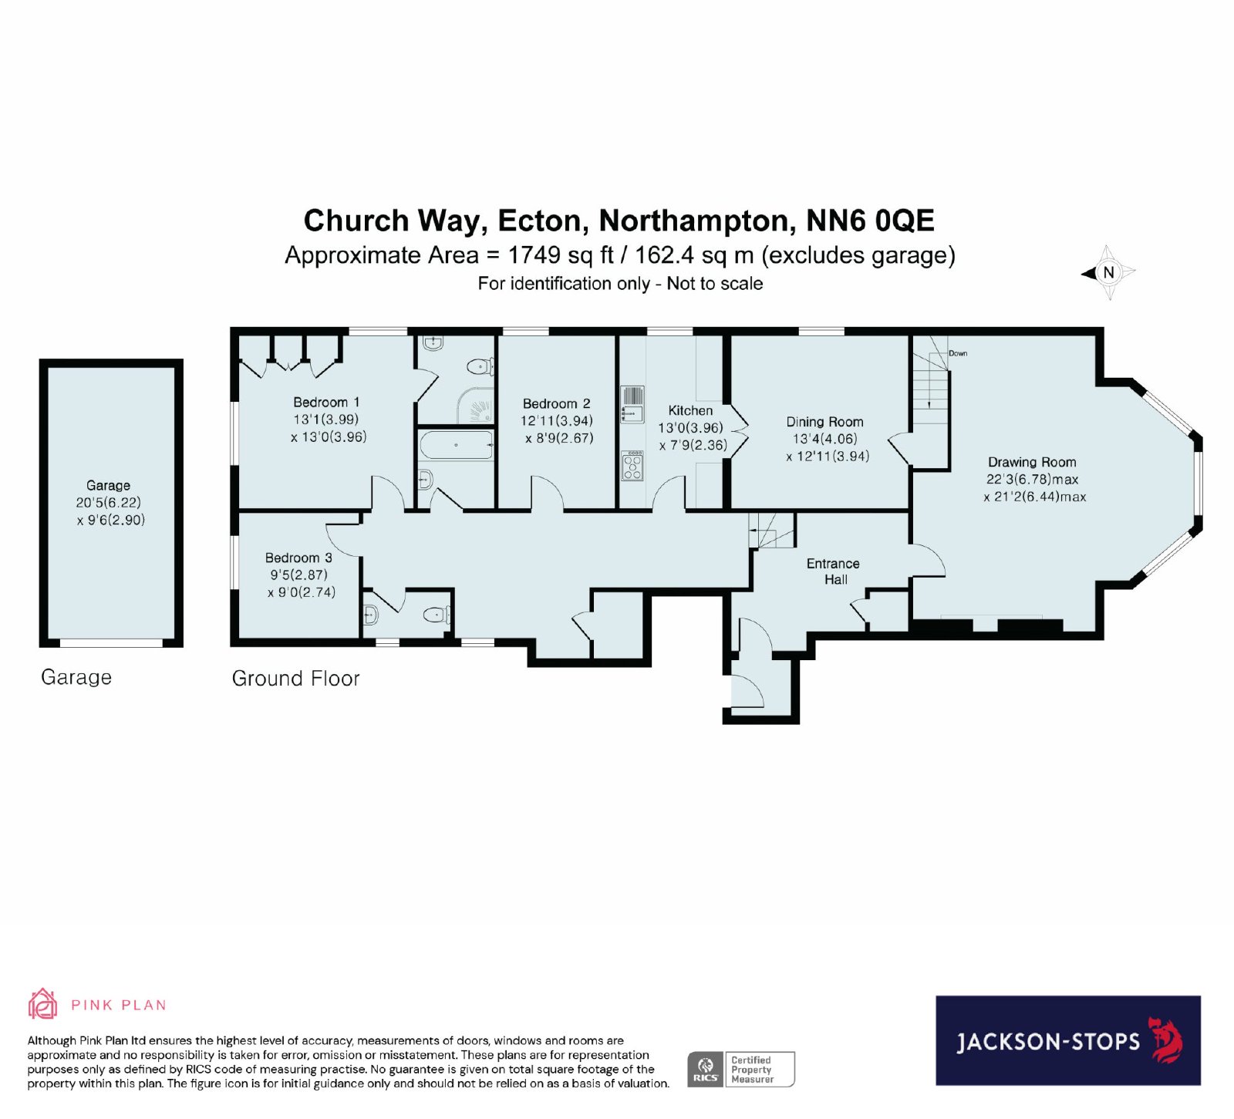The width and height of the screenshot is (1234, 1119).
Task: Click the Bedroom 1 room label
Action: click(326, 402)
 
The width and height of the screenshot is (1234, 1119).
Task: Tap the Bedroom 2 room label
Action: click(556, 403)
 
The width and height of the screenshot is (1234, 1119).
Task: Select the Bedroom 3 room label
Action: click(298, 558)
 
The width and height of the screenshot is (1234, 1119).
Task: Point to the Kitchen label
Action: click(690, 410)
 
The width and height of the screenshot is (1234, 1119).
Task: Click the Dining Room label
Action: click(824, 422)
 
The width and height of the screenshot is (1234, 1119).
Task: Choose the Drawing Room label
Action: click(1032, 462)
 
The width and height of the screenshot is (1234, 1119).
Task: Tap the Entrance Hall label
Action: click(833, 571)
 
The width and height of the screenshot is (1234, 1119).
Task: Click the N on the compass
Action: click(1109, 272)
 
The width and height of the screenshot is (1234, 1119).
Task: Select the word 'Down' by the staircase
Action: click(958, 353)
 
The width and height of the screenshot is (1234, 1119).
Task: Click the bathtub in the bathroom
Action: click(455, 445)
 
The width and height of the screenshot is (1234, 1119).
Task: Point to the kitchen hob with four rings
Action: click(632, 466)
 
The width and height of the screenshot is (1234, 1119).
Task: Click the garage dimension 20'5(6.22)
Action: click(108, 502)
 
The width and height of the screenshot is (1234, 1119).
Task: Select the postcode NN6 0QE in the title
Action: click(870, 221)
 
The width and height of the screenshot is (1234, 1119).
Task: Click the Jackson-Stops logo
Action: click(1068, 1040)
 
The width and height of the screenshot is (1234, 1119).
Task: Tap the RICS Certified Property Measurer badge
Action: click(741, 1069)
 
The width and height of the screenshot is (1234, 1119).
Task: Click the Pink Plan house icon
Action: click(43, 1004)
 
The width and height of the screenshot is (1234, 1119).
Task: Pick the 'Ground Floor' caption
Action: click(295, 679)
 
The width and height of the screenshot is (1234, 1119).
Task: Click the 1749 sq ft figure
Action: click(561, 255)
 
